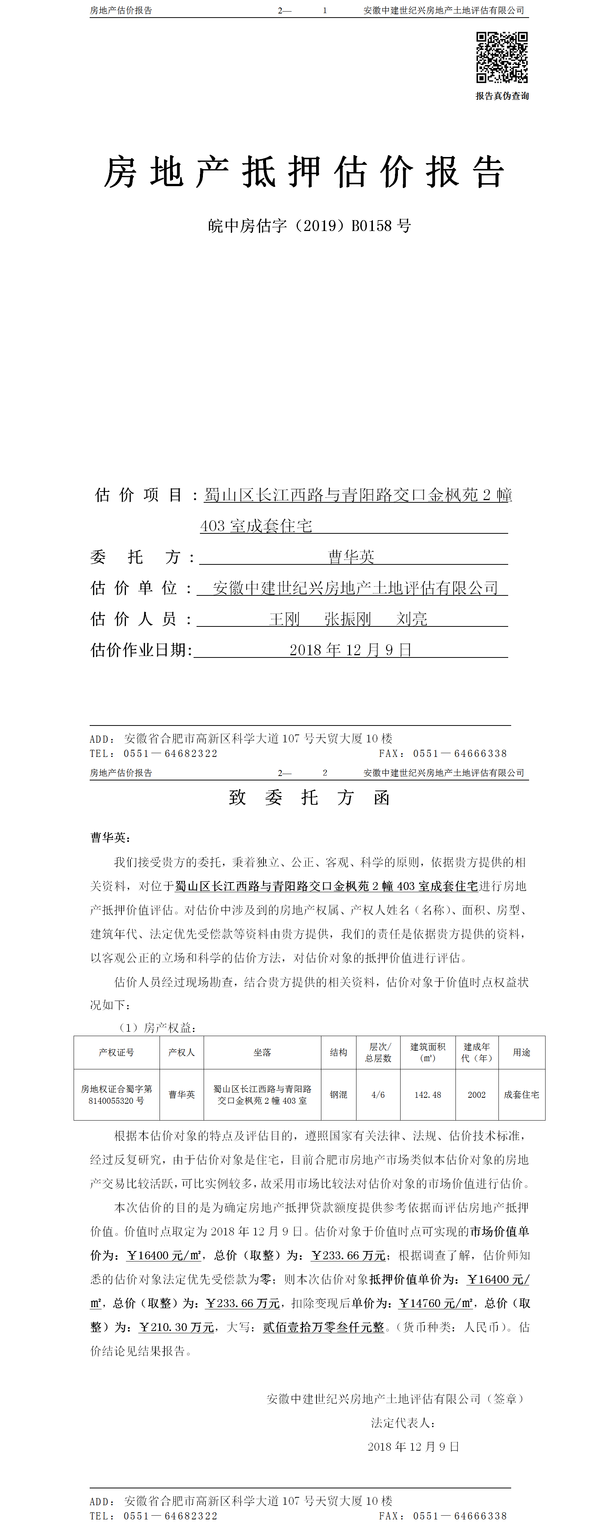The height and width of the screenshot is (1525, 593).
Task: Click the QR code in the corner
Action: click(x=502, y=58)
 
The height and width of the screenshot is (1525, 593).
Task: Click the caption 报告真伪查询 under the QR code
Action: click(x=502, y=96)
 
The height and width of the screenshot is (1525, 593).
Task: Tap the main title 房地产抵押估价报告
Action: click(x=304, y=173)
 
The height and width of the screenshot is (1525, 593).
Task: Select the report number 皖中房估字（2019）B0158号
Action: click(x=309, y=225)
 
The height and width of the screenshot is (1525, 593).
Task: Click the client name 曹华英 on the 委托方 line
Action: click(x=352, y=557)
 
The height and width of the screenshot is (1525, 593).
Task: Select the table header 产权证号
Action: click(x=117, y=1052)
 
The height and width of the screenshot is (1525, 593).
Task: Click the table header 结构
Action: click(x=339, y=1052)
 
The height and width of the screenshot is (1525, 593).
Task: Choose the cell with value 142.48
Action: click(x=428, y=1095)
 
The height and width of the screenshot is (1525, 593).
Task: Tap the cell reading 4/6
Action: click(x=378, y=1095)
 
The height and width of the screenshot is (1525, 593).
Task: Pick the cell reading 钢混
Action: click(x=339, y=1095)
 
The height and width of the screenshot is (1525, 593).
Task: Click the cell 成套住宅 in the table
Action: click(x=521, y=1095)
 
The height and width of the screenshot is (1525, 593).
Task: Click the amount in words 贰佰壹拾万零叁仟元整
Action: click(x=323, y=1327)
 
